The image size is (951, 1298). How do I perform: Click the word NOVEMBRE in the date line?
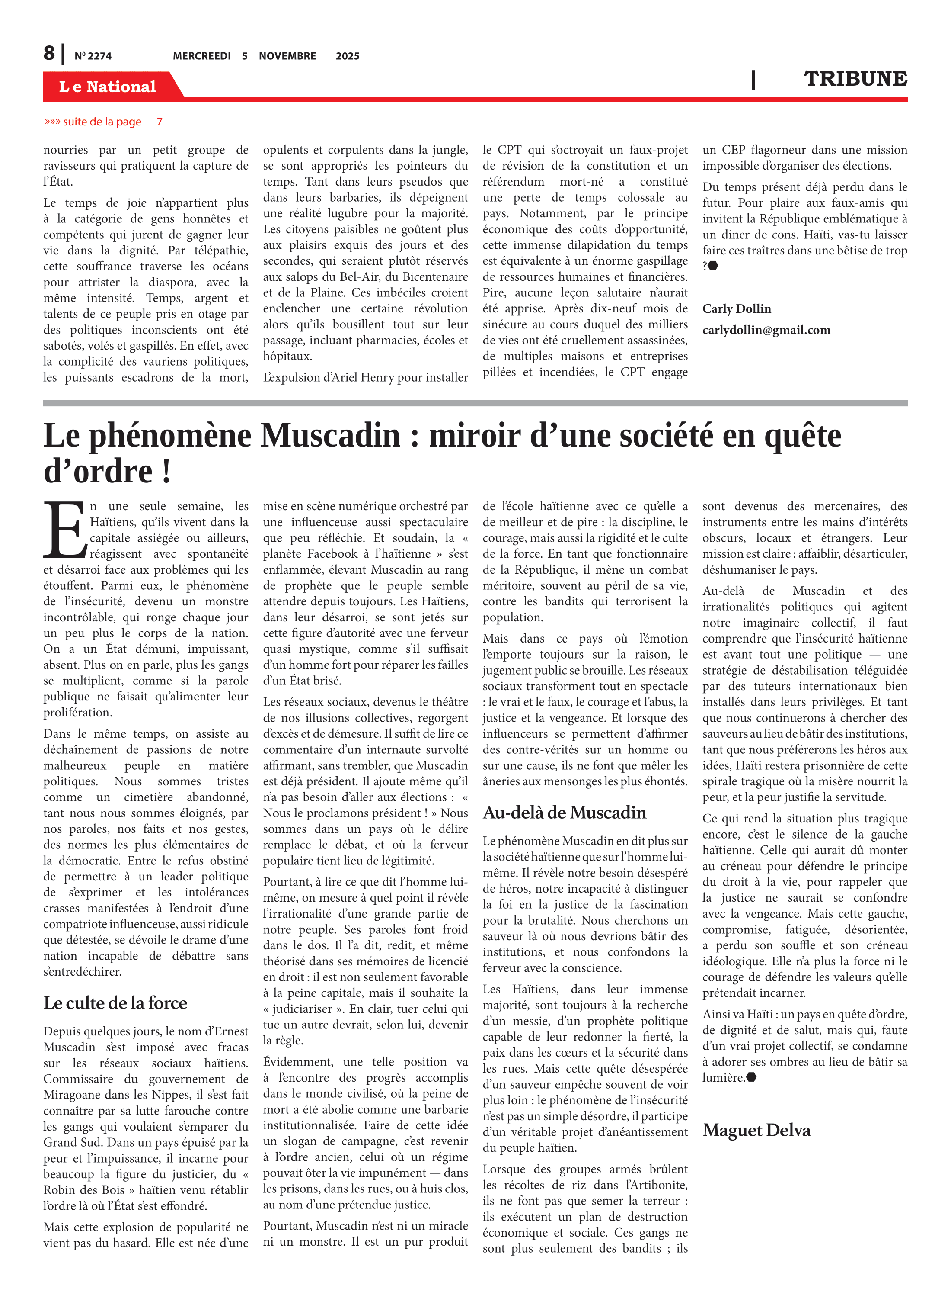(287, 56)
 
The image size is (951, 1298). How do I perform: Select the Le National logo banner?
(108, 87)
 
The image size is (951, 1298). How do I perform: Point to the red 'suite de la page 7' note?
(104, 122)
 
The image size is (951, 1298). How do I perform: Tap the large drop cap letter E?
(64, 530)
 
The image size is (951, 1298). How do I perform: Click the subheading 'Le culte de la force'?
(115, 1003)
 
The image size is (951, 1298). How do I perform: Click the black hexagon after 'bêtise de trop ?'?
(713, 266)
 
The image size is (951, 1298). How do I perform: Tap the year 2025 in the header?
(347, 56)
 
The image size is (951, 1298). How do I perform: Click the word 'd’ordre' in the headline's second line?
(98, 472)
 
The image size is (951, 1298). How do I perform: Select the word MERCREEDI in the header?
(201, 56)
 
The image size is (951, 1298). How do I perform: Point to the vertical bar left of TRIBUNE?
(753, 80)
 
